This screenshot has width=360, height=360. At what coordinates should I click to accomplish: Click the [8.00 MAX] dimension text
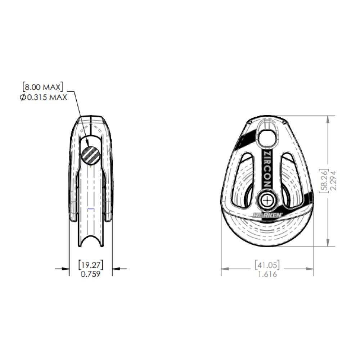[x=42, y=87]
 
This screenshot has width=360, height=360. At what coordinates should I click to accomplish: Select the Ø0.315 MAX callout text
[x=44, y=97]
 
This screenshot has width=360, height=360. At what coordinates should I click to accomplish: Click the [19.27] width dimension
[x=91, y=265]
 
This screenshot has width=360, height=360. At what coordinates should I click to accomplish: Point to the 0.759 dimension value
[x=91, y=274]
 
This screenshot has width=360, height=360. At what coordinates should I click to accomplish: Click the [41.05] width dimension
[x=267, y=265]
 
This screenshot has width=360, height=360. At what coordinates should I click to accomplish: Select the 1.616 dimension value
[x=267, y=274]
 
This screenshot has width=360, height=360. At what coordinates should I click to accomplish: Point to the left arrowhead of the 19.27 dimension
[x=67, y=268]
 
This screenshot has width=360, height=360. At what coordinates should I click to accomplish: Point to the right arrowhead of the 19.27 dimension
[x=115, y=268]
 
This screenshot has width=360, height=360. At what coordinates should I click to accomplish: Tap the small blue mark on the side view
[x=91, y=209]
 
